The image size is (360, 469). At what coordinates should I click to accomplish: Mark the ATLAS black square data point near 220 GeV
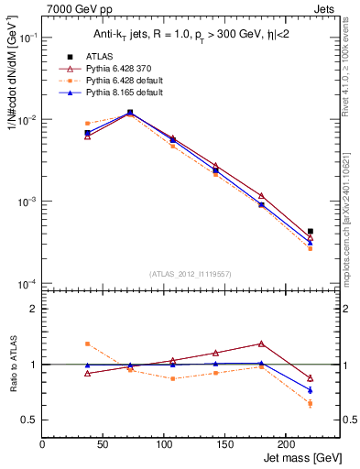click(311, 232)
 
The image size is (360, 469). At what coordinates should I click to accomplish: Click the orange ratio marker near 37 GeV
click(87, 344)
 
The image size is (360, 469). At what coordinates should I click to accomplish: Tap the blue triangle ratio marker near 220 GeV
click(311, 390)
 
